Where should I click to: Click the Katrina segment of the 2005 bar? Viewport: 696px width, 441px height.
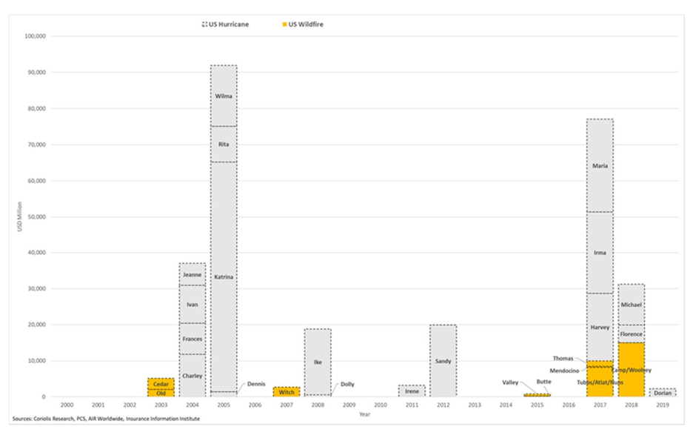coord(224,276)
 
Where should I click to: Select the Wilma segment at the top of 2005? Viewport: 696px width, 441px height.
coord(224,96)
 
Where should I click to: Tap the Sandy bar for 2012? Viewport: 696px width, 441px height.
coord(443,361)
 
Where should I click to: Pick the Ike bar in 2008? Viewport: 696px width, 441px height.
coord(318,362)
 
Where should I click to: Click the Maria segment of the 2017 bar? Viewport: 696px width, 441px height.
coord(600,165)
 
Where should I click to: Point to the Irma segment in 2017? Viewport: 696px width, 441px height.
coord(600,253)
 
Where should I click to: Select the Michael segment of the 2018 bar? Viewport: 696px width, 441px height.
coord(631,305)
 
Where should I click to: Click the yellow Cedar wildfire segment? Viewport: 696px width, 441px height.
coord(161,384)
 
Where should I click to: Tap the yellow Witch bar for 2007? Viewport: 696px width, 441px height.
coord(287,392)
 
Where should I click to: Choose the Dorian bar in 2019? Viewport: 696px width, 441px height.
coord(662,393)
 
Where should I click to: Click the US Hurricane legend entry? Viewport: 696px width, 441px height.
coord(225,24)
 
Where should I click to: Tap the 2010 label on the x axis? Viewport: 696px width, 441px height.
coord(380,406)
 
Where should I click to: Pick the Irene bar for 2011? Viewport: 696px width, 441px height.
coord(412,391)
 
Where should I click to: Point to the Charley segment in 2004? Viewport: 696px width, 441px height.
coord(193,376)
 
